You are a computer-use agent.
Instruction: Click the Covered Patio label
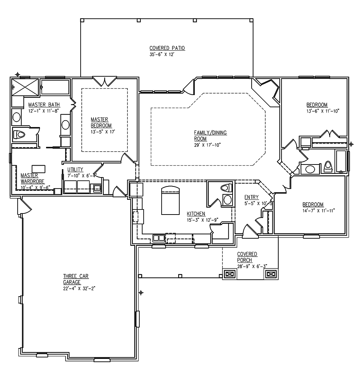162,48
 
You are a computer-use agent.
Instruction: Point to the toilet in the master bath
19,135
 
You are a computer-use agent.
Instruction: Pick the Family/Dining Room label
211,135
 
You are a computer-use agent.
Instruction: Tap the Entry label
251,197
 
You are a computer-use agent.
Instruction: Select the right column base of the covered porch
271,274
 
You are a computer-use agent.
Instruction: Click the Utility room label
75,169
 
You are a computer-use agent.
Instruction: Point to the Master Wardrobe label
30,178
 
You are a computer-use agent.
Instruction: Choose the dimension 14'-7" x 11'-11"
319,211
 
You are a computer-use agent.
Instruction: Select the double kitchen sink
158,238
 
